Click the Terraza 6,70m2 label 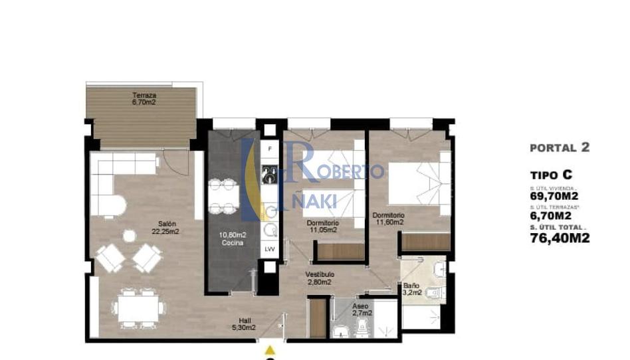[144, 99]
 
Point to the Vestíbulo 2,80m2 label [320, 278]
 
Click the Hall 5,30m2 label [245, 323]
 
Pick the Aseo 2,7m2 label [362, 309]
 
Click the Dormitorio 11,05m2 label [322, 226]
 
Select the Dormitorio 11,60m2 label [388, 219]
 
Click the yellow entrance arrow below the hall [269, 349]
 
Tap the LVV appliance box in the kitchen [270, 249]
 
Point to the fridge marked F [270, 149]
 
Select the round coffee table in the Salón [130, 235]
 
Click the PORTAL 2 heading [560, 148]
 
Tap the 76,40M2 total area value [560, 238]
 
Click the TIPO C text [552, 175]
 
